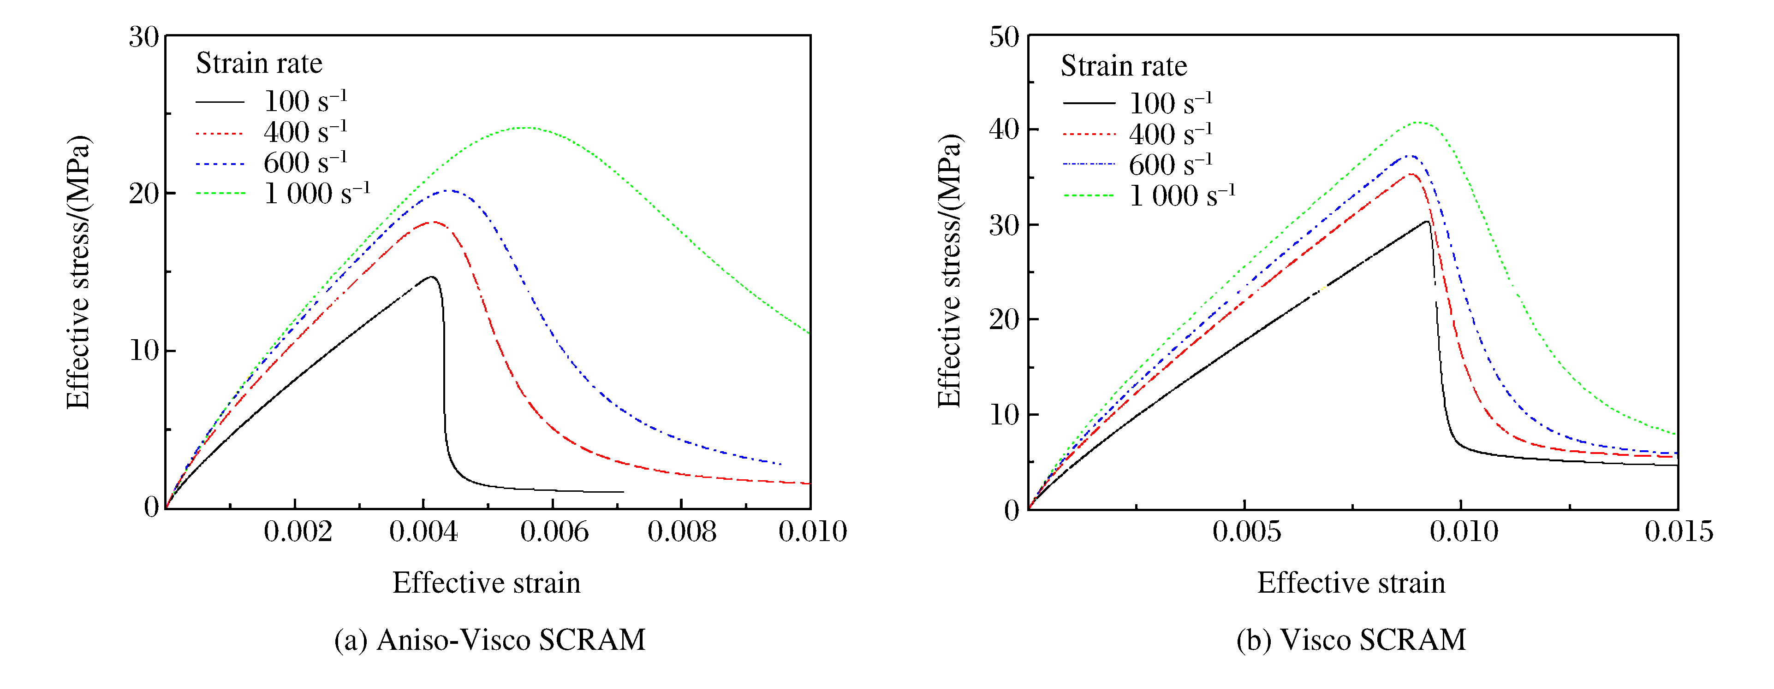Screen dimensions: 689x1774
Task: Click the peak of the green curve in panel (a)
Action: click(526, 127)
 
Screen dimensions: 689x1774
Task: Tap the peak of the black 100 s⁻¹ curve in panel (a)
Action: click(432, 277)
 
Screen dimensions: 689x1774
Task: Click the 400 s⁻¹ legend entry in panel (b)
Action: click(1170, 134)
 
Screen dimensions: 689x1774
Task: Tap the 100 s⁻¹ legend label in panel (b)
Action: click(1170, 103)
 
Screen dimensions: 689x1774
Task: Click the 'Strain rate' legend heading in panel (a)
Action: click(259, 63)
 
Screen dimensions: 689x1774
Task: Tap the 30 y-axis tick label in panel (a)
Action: click(143, 36)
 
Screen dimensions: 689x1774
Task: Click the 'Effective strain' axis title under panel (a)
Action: click(486, 583)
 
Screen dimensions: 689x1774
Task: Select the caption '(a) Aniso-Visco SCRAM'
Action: click(490, 639)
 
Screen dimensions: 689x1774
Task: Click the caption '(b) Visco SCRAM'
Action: click(1351, 639)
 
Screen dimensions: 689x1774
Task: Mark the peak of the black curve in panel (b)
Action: click(1426, 222)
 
